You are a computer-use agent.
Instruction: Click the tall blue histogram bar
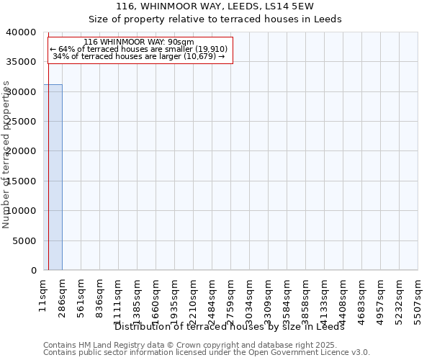tap(53, 177)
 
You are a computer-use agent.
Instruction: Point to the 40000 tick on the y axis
tap(22, 32)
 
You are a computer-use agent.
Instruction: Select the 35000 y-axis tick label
tap(22, 62)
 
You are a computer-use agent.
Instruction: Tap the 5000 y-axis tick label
tap(25, 240)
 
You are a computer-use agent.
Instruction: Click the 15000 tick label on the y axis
tap(22, 181)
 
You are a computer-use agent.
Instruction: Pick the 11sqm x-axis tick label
tap(43, 295)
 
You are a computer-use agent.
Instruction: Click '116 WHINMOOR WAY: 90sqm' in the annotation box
tap(139, 42)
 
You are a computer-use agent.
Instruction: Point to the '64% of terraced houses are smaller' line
tap(139, 49)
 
